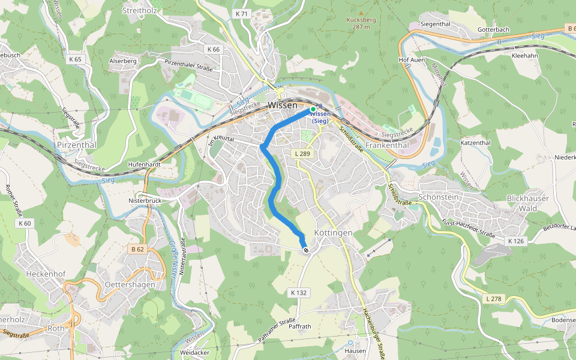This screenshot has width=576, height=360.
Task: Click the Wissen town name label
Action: [282, 105]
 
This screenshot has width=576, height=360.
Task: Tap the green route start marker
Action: [313, 109]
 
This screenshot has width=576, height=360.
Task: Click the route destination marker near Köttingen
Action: [306, 250]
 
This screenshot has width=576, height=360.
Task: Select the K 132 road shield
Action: [298, 293]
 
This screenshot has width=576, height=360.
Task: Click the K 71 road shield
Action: [242, 13]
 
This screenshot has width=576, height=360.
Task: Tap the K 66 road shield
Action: [212, 49]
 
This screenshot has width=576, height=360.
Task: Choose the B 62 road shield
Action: [137, 248]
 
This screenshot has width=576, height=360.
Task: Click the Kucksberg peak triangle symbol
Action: [361, 12]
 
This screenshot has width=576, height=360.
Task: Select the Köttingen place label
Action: [333, 232]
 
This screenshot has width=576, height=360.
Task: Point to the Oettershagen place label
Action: [130, 284]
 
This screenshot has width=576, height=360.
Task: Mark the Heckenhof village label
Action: [46, 273]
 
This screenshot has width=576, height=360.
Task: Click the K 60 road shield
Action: [25, 223]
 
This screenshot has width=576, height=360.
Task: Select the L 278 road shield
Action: [494, 298]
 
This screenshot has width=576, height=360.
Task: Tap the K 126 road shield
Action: [516, 241]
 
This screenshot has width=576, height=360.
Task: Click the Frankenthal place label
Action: [387, 145]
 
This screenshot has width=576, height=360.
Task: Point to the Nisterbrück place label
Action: [145, 200]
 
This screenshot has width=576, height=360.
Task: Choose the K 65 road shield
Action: [75, 59]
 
